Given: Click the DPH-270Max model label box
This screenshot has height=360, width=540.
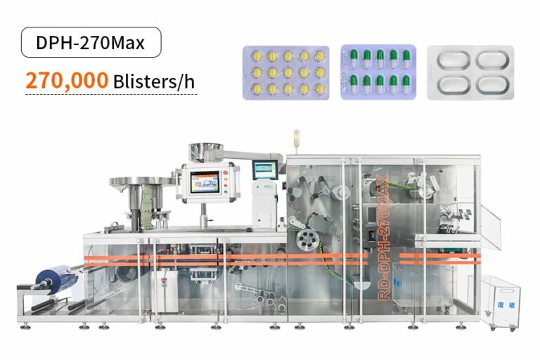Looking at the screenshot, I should coord(90,42).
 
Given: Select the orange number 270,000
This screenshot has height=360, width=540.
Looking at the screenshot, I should coord(67,81).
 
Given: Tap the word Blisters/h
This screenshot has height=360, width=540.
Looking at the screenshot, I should coord(153,82).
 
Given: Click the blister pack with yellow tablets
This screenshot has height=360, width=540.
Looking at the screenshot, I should coord(285,72).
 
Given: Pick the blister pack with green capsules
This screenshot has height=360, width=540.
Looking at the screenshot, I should coord(378,72).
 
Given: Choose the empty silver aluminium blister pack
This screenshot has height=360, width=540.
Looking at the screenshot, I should coord(470,72).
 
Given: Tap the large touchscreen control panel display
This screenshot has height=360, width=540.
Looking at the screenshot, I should coord(204,180).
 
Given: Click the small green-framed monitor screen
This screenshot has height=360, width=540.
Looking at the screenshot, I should coord(265,169).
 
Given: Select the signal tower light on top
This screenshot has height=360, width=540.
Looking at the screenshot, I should coord(296,139).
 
